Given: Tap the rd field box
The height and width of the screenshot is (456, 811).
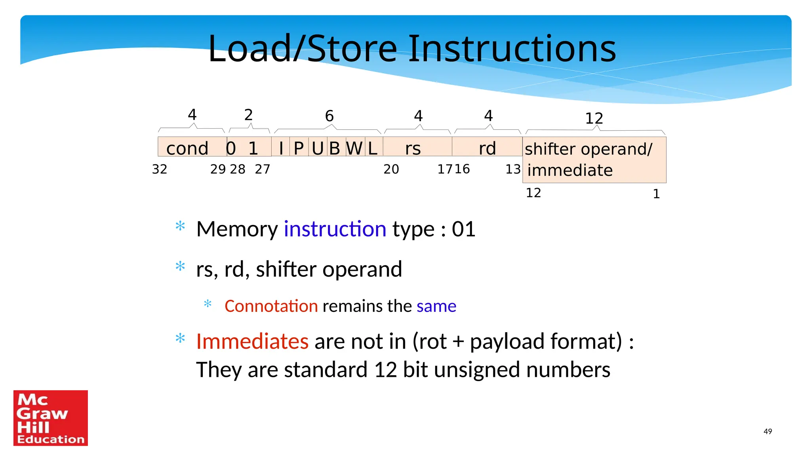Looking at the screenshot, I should click(x=487, y=147).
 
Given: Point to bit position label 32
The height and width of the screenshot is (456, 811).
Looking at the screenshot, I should click(x=160, y=169).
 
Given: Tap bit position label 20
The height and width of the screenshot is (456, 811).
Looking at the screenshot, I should click(x=391, y=169).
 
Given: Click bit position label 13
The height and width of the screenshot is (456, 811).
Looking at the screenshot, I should click(x=513, y=169).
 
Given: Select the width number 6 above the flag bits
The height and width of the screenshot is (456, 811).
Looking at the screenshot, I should click(x=329, y=116).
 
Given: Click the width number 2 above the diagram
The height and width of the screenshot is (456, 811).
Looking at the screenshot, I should click(x=248, y=115).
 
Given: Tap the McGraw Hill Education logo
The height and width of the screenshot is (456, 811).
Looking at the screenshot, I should click(x=51, y=418).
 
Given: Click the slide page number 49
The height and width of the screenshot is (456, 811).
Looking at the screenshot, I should click(x=767, y=431).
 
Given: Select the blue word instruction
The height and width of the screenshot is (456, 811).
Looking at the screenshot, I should click(x=335, y=229).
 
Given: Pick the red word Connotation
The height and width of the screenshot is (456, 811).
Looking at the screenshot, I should click(x=271, y=306).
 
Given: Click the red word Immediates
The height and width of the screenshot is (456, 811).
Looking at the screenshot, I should click(x=252, y=341).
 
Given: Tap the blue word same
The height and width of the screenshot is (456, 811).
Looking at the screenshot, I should click(x=436, y=306).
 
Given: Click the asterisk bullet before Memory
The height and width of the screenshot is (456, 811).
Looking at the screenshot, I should click(x=180, y=226).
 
